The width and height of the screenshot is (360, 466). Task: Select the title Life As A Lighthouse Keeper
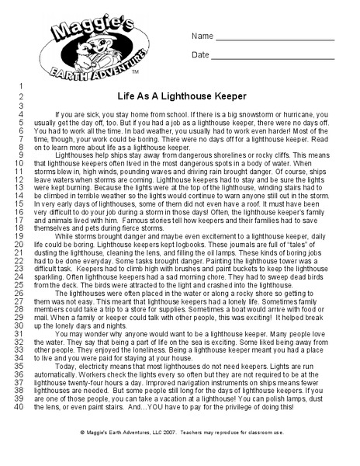click(182, 97)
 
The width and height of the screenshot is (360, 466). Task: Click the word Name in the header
click(202, 37)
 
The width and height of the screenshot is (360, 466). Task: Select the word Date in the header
click(200, 55)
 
